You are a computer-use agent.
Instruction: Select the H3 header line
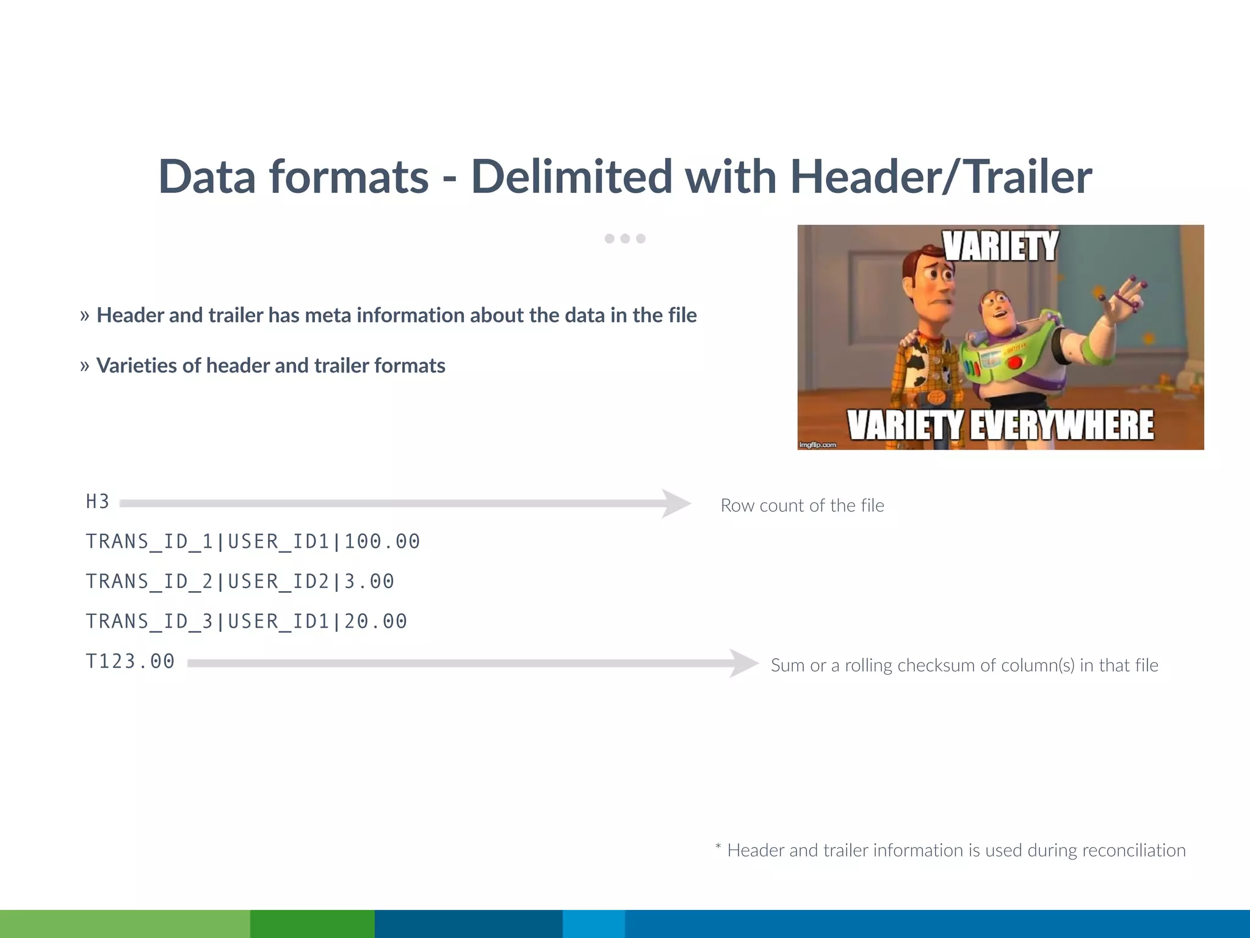98,502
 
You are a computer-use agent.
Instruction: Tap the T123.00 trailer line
130,661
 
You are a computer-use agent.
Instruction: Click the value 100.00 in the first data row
383,542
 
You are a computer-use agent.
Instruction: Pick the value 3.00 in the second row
370,581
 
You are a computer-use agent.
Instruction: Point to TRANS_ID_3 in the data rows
150,622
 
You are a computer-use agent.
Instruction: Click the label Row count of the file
802,506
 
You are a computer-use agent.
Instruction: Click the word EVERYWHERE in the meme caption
1062,425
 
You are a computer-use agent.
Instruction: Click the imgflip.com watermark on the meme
818,445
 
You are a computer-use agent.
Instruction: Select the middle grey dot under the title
625,239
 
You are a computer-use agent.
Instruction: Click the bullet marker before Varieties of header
85,366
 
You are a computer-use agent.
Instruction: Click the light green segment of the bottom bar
125,923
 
